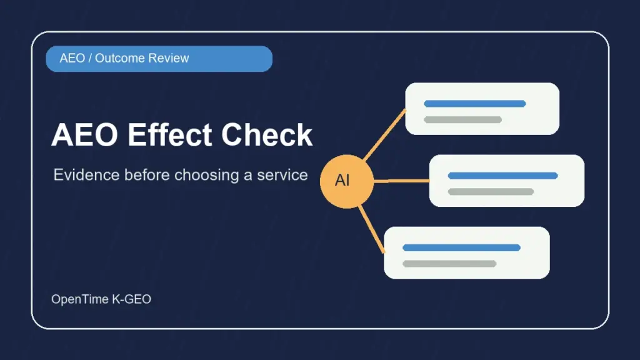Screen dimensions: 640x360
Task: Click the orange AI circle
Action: click(346, 181)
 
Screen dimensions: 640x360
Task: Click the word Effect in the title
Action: click(169, 135)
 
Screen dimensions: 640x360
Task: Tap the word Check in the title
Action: click(267, 135)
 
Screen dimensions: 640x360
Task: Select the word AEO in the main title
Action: click(84, 135)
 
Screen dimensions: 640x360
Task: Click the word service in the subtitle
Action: click(282, 175)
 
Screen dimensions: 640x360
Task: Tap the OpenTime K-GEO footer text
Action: click(101, 299)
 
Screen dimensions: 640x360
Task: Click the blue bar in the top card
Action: click(475, 104)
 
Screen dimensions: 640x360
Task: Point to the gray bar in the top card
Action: click(463, 119)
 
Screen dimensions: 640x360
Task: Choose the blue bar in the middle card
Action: click(503, 176)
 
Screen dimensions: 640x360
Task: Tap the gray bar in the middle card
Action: click(491, 191)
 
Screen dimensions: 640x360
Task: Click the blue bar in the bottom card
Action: click(461, 247)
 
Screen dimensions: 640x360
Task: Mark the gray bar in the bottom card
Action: click(449, 263)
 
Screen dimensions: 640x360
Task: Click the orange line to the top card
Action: click(385, 134)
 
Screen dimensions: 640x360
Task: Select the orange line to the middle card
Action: click(402, 181)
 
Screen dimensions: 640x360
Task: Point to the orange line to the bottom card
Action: click(372, 229)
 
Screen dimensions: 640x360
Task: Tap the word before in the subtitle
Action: click(147, 175)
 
